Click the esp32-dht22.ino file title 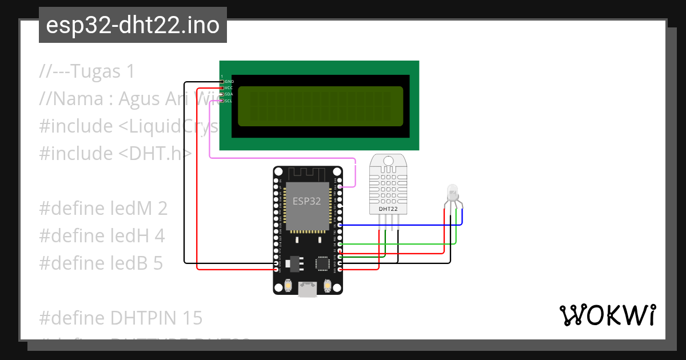pyautogui.click(x=133, y=26)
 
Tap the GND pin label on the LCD pyautogui.click(x=229, y=82)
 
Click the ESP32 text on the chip pyautogui.click(x=306, y=201)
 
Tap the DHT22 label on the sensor pyautogui.click(x=388, y=209)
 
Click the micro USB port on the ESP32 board pyautogui.click(x=308, y=289)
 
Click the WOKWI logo pyautogui.click(x=607, y=315)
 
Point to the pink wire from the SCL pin pyautogui.click(x=286, y=157)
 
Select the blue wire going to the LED pyautogui.click(x=400, y=225)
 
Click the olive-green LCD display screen pyautogui.click(x=320, y=106)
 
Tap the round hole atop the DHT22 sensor pyautogui.click(x=388, y=161)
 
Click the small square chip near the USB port pyautogui.click(x=322, y=262)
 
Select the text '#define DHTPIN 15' pyautogui.click(x=121, y=317)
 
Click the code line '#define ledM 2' pyautogui.click(x=103, y=209)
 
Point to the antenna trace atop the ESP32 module pyautogui.click(x=308, y=173)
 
